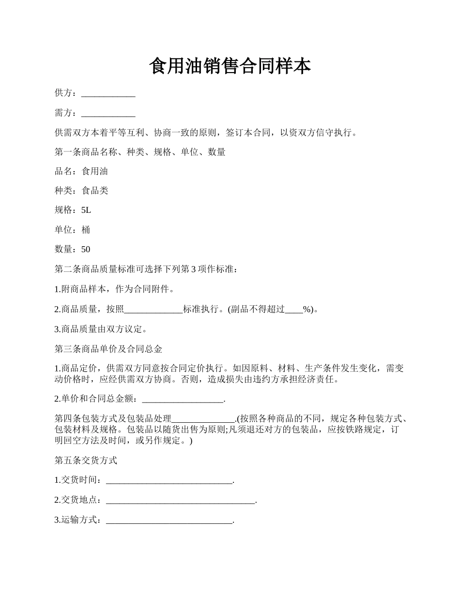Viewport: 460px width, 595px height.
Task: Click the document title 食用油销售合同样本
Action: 230,67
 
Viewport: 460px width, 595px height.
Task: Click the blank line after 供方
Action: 108,94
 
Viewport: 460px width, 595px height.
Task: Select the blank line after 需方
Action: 108,113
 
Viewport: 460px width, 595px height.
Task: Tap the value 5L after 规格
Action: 86,210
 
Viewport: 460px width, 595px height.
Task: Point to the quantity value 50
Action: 86,250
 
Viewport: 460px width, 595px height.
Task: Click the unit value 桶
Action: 86,230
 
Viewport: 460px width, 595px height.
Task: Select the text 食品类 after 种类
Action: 95,191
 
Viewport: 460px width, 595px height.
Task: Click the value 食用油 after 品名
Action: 95,171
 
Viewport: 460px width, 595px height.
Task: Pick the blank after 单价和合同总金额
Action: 184,400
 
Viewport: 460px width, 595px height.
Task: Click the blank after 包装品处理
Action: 203,419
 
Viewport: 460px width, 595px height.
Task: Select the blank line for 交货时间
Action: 169,480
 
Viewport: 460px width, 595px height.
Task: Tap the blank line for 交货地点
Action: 180,500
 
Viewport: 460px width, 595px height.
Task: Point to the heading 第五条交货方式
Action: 86,461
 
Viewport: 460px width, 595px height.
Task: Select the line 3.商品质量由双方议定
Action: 101,329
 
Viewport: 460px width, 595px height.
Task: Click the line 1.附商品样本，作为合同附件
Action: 114,290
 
